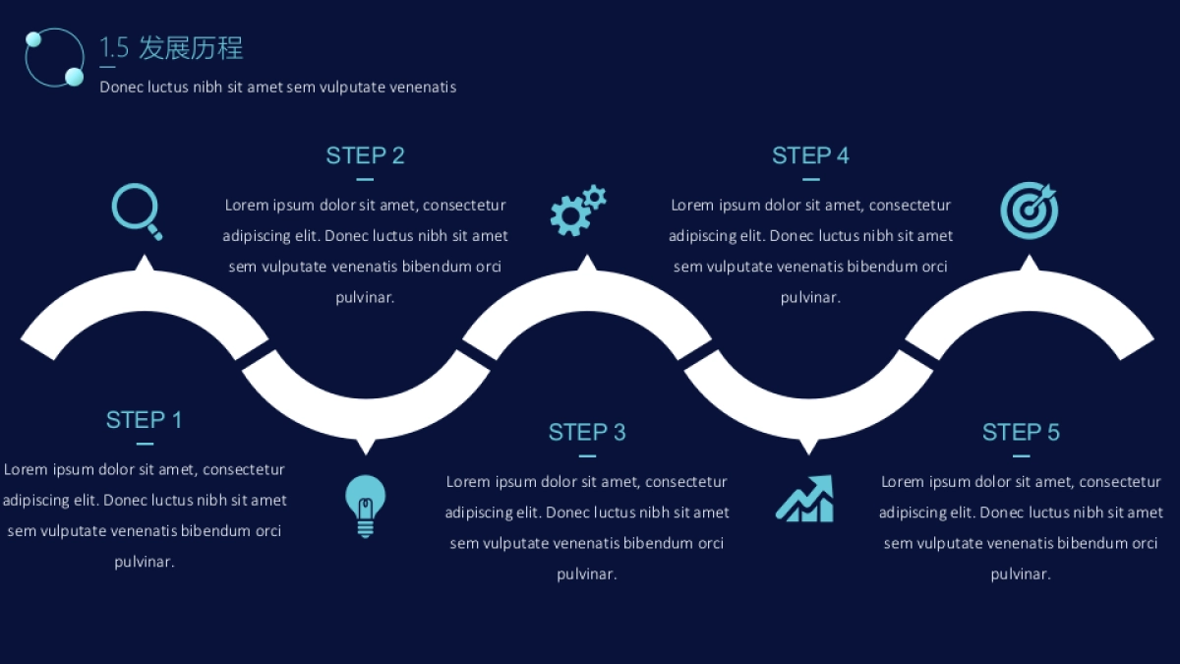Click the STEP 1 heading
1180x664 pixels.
(x=144, y=420)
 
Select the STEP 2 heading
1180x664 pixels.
(x=365, y=155)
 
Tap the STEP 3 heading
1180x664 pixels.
(x=587, y=432)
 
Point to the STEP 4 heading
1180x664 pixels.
(x=810, y=155)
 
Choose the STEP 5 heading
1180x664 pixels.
(x=1021, y=432)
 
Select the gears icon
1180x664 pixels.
(x=577, y=210)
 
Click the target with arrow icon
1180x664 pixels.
(x=1029, y=211)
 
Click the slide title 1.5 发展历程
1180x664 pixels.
(x=171, y=47)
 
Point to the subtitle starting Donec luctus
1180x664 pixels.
(x=277, y=87)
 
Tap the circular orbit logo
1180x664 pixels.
(x=54, y=57)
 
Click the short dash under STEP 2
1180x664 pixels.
(x=365, y=180)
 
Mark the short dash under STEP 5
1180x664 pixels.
(x=1021, y=456)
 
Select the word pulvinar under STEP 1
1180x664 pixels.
(x=144, y=562)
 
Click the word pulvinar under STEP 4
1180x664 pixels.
(x=810, y=297)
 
